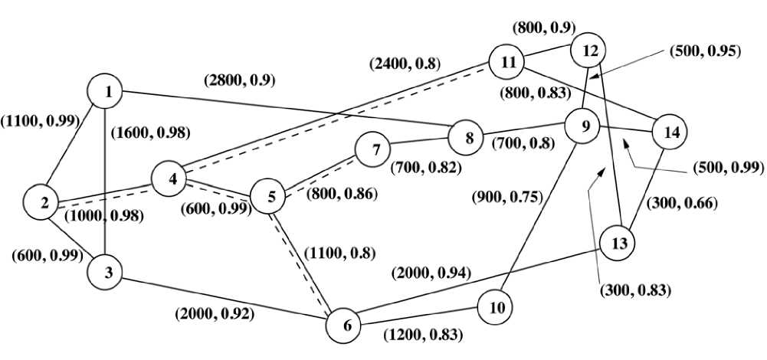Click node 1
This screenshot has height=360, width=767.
click(109, 92)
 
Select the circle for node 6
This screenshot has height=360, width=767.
click(347, 325)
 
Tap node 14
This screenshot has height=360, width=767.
click(671, 133)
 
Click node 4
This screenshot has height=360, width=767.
click(172, 180)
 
